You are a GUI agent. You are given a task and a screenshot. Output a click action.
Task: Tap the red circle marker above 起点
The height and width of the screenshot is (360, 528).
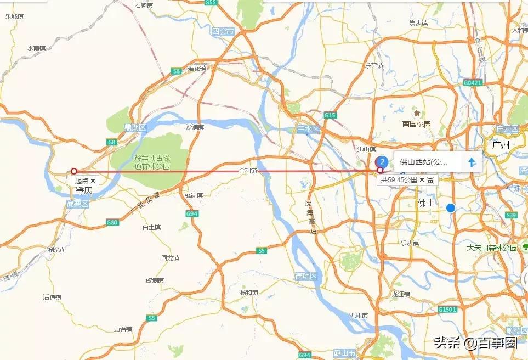tap(74, 171)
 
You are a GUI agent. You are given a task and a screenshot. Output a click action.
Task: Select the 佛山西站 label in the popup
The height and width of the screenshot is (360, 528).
tap(423, 162)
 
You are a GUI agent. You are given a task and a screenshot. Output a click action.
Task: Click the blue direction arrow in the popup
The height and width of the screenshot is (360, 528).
tap(472, 162)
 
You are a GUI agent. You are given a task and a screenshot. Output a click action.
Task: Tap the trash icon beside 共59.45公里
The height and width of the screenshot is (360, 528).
tap(431, 180)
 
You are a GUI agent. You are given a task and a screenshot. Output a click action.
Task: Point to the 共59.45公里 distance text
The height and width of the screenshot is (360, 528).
tap(399, 180)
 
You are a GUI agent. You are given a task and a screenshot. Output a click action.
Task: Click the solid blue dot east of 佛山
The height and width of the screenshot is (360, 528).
tap(451, 208)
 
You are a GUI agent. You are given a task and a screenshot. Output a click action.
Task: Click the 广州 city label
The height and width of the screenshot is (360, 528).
tap(501, 145)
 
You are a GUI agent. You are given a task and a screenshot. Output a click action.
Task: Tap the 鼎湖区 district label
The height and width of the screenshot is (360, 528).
tap(134, 127)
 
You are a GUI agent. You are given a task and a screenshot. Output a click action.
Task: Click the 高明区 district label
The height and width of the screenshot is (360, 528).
tap(306, 275)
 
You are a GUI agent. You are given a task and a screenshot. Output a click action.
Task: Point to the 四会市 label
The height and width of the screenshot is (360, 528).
tap(223, 32)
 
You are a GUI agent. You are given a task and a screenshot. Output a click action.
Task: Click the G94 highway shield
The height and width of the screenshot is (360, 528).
tap(192, 213)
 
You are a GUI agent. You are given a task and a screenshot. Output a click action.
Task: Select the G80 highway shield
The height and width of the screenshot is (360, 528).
tap(112, 222)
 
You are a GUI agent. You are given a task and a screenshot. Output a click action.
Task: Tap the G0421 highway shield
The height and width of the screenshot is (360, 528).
tap(472, 83)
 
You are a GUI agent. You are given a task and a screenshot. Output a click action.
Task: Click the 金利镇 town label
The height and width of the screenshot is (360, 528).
tap(248, 171)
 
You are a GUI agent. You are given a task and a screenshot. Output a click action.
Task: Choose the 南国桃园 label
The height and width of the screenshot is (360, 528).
tap(417, 124)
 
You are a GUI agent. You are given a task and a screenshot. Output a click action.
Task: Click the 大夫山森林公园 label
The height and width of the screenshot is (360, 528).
tap(492, 248)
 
